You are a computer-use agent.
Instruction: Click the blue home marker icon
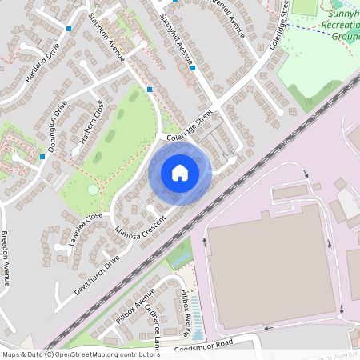(x=180, y=173)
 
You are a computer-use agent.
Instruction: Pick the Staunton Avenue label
(x=107, y=36)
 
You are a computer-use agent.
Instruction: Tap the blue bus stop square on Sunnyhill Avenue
(x=193, y=68)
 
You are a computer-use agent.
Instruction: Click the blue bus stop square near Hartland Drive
(x=70, y=29)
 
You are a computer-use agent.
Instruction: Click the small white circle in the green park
(x=93, y=190)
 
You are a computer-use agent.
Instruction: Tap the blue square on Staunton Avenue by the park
(x=150, y=89)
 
